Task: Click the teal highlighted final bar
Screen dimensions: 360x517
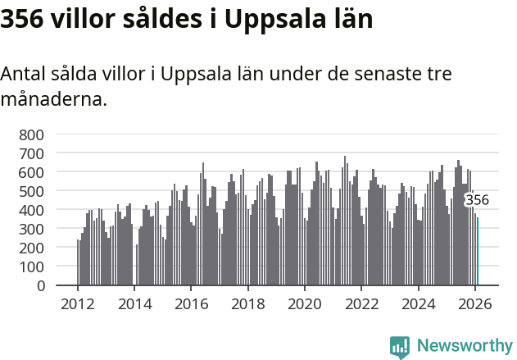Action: pos(478,252)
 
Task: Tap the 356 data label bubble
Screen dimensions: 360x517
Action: pos(477,200)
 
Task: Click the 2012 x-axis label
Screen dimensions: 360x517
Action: pos(78,303)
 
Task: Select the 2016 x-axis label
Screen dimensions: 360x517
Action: pos(191,303)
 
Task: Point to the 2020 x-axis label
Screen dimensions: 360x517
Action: pos(305,303)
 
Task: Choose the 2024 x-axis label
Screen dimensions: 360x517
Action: pos(418,303)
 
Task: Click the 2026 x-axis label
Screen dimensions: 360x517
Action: pos(475,303)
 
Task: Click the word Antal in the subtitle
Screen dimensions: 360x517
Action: pos(22,74)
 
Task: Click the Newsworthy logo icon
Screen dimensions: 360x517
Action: pos(400,347)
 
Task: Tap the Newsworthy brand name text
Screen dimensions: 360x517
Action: pos(464,346)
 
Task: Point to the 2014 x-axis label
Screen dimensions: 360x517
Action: pos(134,303)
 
